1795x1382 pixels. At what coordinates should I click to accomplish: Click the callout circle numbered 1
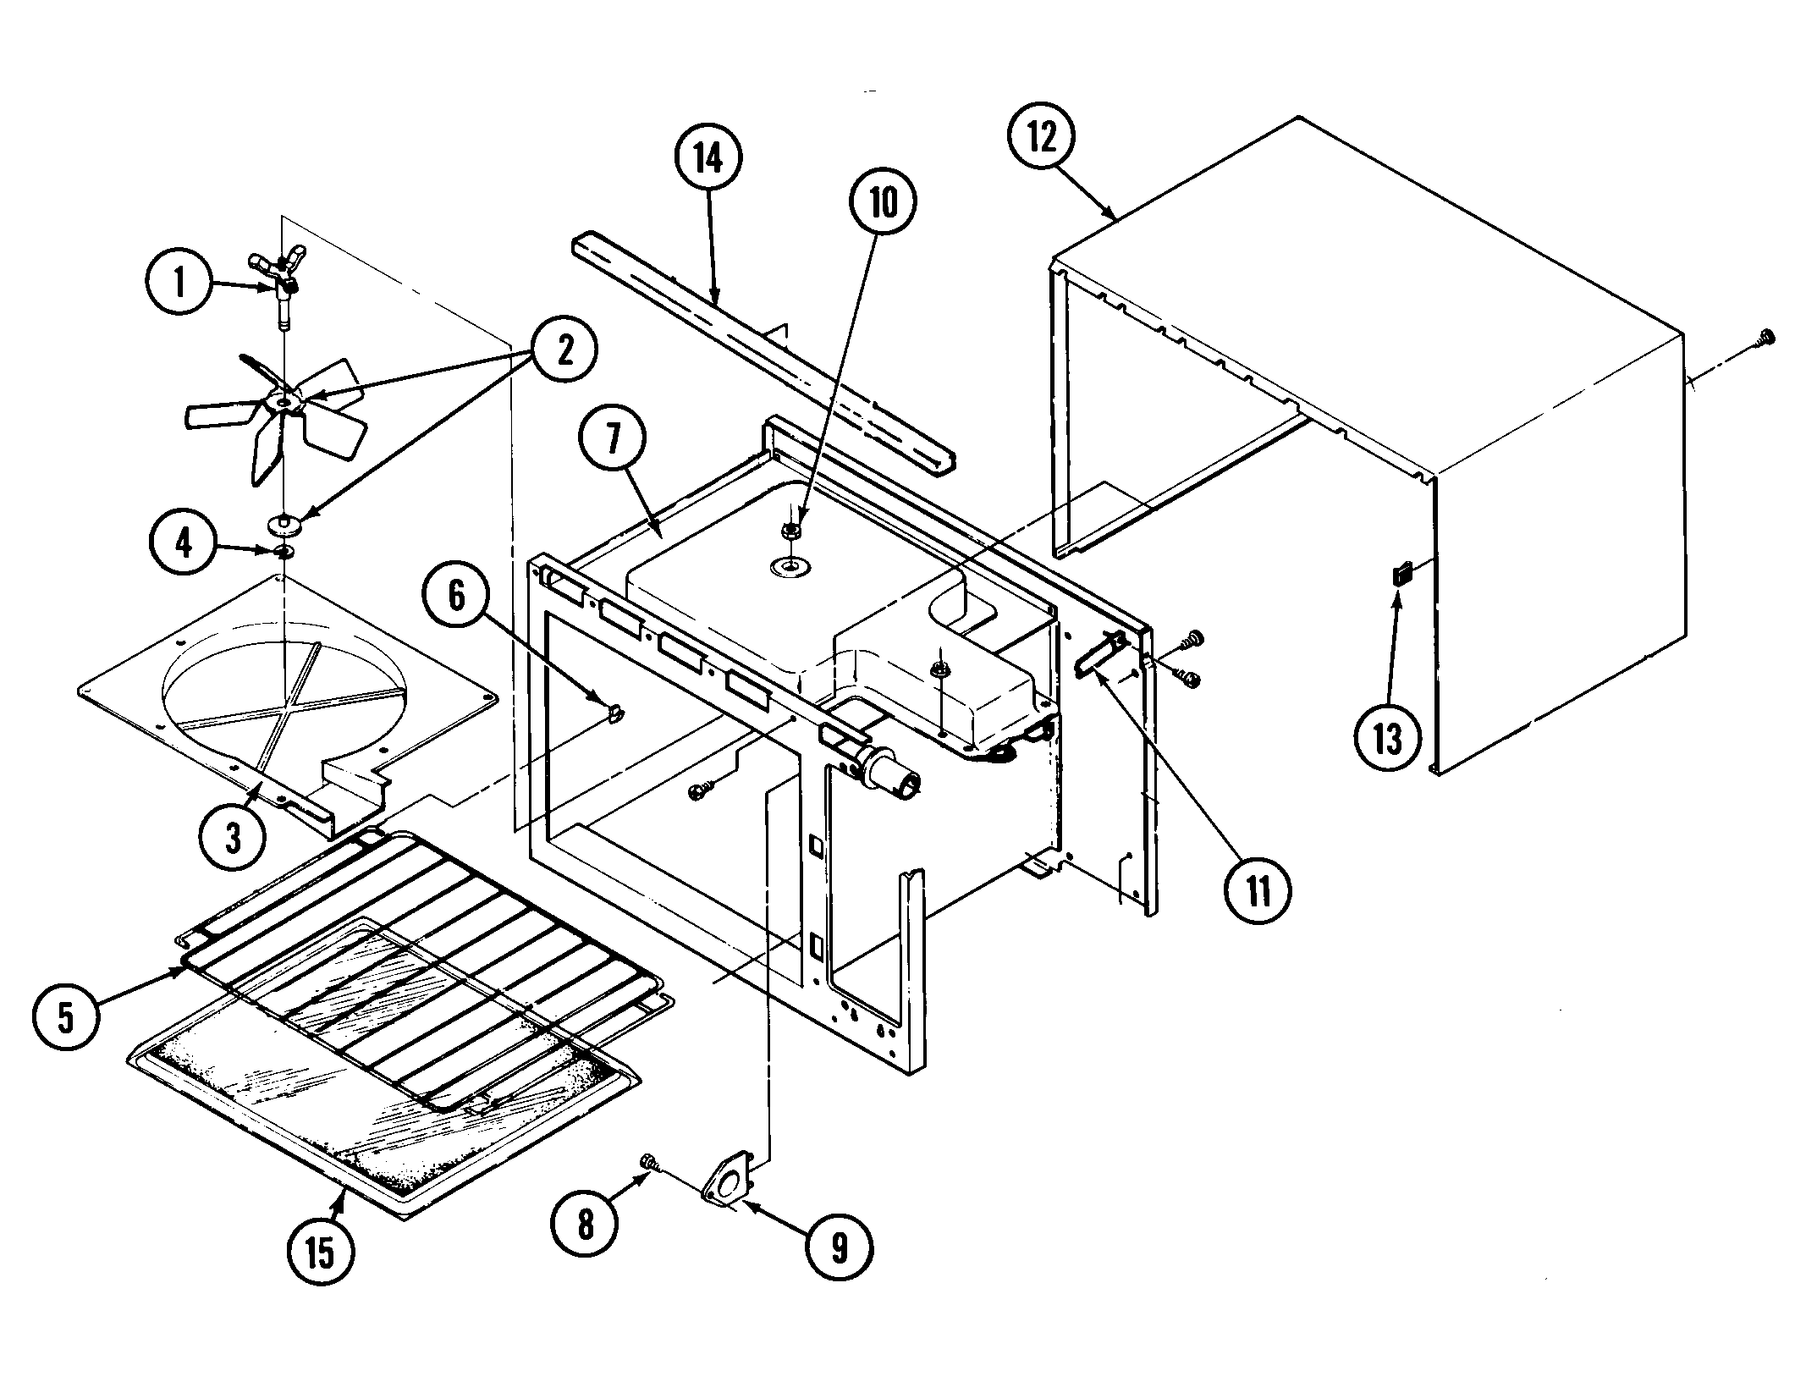pyautogui.click(x=179, y=284)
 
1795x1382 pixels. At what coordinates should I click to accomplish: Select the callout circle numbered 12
pyautogui.click(x=1043, y=138)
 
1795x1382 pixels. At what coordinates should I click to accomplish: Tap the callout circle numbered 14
pyautogui.click(x=709, y=157)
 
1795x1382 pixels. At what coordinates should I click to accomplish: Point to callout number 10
pyautogui.click(x=882, y=204)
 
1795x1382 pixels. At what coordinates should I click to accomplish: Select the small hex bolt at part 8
pyautogui.click(x=650, y=1161)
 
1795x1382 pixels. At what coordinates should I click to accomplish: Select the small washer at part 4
pyautogui.click(x=285, y=552)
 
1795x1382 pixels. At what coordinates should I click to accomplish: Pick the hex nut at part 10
pyautogui.click(x=793, y=531)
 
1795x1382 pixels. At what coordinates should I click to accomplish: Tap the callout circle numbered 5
pyautogui.click(x=66, y=1017)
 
